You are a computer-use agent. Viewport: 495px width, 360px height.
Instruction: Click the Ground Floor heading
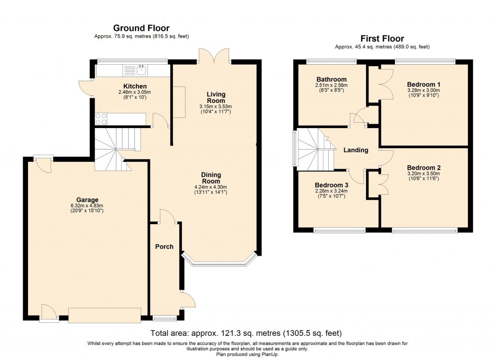pos(141,28)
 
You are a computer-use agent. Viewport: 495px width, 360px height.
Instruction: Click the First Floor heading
pos(382,39)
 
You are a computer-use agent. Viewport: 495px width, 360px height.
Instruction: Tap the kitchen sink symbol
pos(142,71)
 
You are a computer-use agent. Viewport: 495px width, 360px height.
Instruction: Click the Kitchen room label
pos(121,86)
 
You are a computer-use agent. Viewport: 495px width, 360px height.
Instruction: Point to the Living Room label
pos(216,97)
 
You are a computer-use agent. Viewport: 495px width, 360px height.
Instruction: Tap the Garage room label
pos(87,200)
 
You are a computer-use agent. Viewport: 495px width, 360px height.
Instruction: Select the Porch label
pos(164,246)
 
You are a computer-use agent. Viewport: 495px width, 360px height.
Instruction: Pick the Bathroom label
pos(331,79)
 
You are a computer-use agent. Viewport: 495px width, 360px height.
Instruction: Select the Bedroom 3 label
pos(331,185)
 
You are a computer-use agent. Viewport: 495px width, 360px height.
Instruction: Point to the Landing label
pos(356,150)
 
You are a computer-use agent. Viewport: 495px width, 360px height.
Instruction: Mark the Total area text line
pos(246,333)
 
